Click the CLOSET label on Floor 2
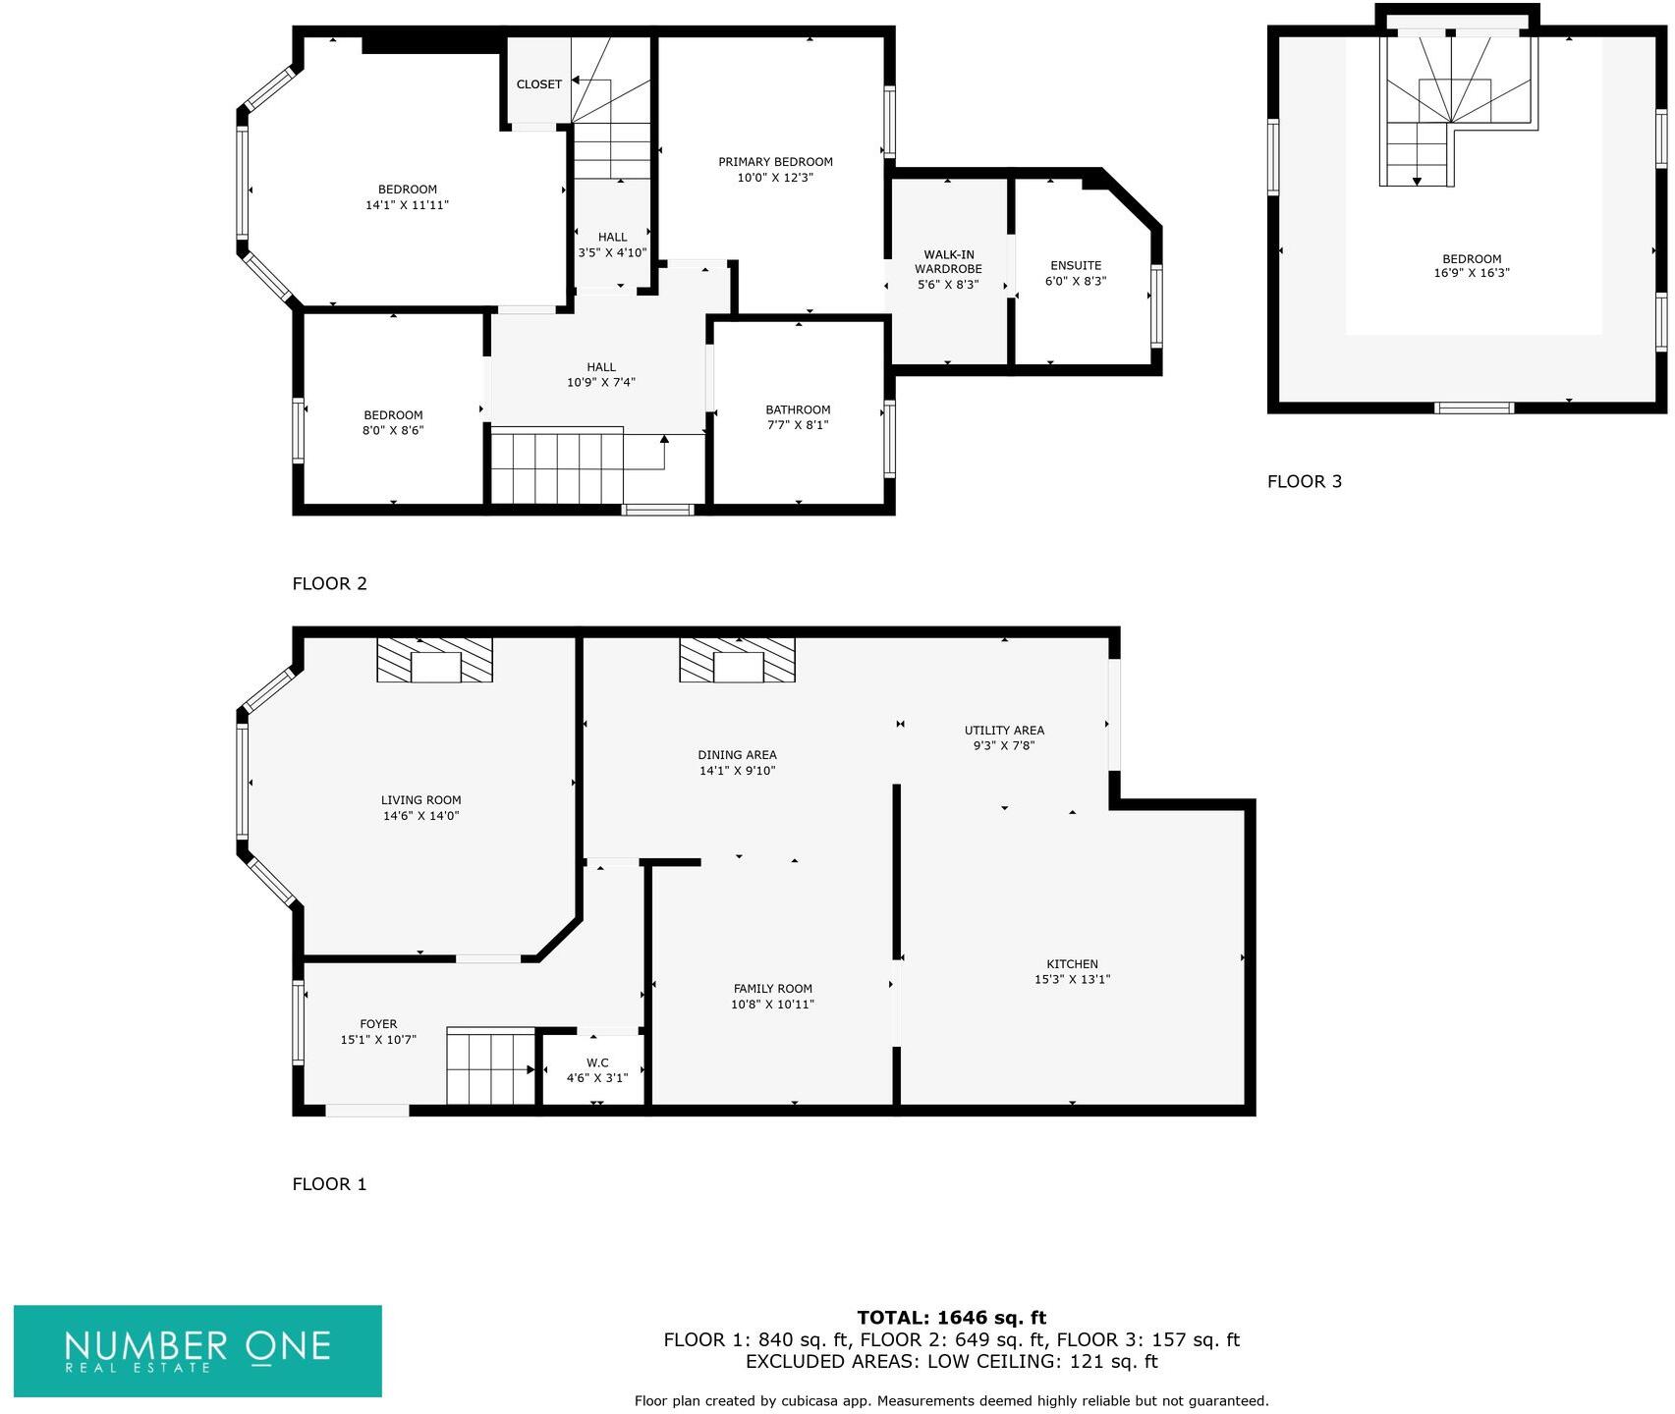click(539, 84)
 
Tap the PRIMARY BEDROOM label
click(775, 162)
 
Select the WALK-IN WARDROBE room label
click(948, 262)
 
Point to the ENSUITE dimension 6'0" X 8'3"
click(1076, 282)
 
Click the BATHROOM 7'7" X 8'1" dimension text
click(798, 425)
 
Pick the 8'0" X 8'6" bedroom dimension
click(393, 430)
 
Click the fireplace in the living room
click(435, 661)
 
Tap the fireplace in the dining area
click(738, 661)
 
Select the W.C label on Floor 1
click(597, 1062)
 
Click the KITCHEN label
click(1072, 964)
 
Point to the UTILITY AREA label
click(1004, 731)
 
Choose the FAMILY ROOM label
click(773, 989)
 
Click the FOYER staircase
click(491, 1067)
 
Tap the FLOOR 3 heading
click(1304, 481)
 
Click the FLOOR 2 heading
click(329, 583)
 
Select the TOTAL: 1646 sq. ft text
click(951, 1318)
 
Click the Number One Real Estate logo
click(197, 1350)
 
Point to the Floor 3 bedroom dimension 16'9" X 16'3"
click(1472, 274)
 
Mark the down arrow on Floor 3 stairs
click(1417, 181)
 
